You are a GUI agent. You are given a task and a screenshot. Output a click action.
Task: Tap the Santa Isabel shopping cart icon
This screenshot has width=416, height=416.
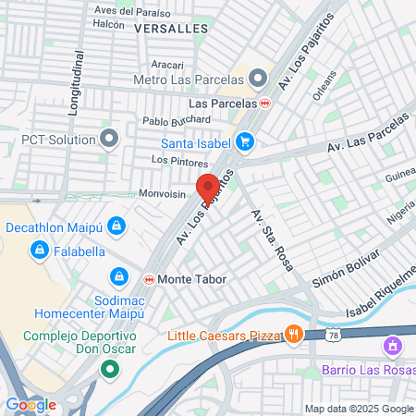point(245,141)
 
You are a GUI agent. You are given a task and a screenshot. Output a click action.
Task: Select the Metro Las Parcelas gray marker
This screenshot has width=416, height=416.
point(258,77)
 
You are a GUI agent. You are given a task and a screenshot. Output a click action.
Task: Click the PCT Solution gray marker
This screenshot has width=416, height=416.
point(110,140)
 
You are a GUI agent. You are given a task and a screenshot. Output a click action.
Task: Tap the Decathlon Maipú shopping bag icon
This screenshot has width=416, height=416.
point(116,226)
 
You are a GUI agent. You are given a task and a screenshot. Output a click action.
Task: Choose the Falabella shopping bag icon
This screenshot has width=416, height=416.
point(39,250)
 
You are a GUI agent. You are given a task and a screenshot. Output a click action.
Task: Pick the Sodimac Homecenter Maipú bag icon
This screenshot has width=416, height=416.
point(119,276)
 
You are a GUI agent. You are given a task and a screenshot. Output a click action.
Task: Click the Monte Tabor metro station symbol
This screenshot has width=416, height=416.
point(149,278)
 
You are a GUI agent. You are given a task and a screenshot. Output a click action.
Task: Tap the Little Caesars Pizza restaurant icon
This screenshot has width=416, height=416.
point(294,334)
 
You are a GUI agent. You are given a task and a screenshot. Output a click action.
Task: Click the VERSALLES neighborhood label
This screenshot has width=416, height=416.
point(170,29)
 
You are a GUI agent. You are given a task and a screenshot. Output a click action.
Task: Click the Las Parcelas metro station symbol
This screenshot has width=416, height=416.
point(265,103)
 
